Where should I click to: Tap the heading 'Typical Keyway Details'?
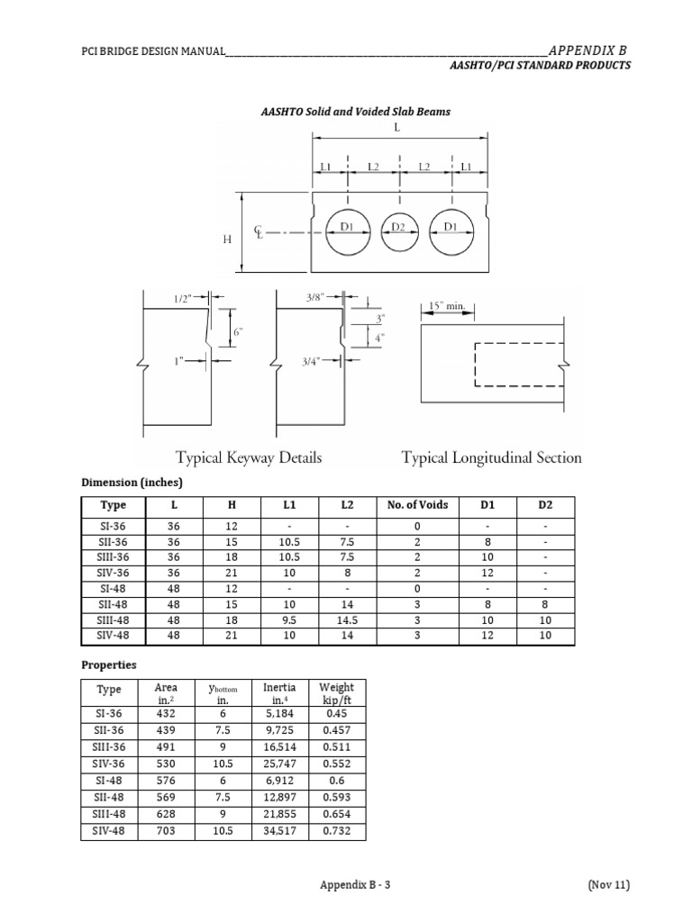[249, 457]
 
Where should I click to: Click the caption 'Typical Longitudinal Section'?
[491, 457]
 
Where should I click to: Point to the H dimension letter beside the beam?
[227, 240]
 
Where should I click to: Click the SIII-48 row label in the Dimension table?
[114, 620]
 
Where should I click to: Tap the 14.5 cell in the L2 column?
[347, 620]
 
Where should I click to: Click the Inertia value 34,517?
[278, 831]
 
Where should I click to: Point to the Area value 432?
[166, 713]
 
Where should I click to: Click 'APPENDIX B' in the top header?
[587, 50]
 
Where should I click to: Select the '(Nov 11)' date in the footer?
[608, 885]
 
